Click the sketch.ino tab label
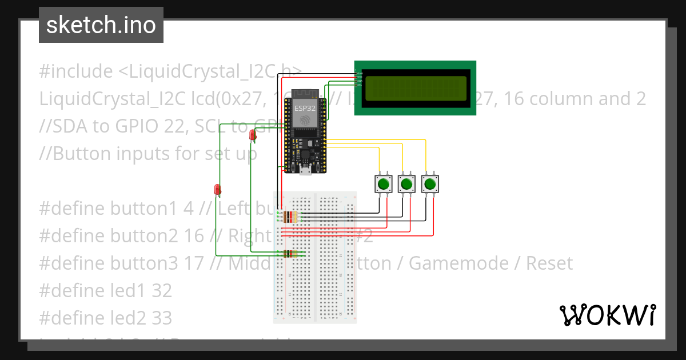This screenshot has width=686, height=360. pos(101,25)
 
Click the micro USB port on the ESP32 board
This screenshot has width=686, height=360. pos(306,170)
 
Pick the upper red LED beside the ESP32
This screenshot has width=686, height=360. pos(253,135)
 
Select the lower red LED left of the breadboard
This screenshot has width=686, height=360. pos(217,189)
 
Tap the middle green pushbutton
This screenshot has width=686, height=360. pos(406,184)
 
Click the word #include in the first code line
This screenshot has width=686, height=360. pos(76,71)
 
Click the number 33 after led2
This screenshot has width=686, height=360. pos(162,318)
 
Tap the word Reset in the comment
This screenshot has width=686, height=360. pos(549,263)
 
